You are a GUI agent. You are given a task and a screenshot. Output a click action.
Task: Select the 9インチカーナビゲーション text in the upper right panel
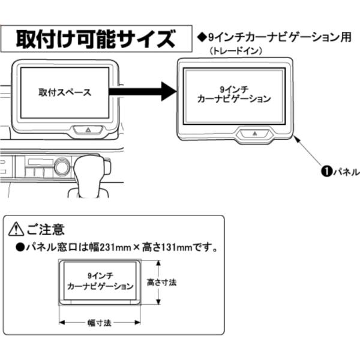tap(234, 94)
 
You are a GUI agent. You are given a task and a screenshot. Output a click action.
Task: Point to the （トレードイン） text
tap(237, 51)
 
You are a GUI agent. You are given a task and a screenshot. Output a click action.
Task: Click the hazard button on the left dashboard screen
tap(88, 128)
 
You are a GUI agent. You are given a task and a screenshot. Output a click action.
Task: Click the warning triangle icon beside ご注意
tap(16, 230)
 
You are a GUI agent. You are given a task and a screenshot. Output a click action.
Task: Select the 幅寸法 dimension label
tap(99, 322)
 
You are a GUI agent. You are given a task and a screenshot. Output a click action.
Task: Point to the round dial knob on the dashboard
tap(62, 166)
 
